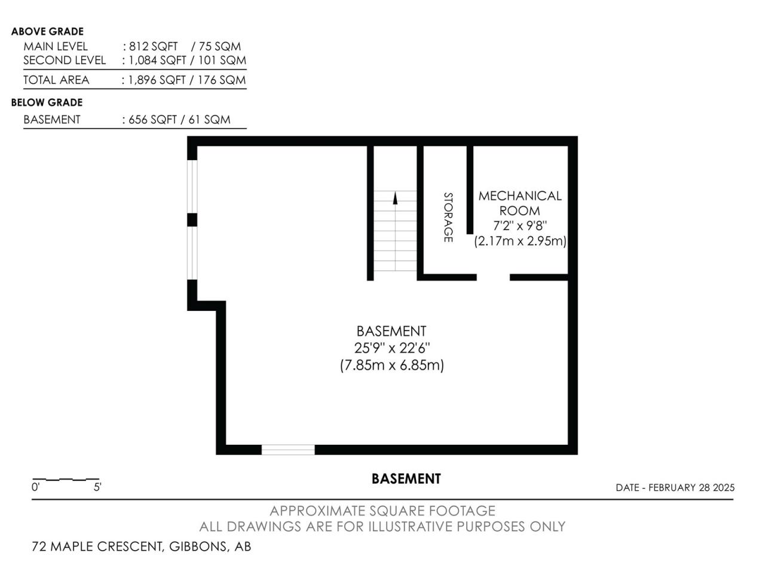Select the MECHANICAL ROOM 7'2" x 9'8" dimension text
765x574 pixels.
click(519, 226)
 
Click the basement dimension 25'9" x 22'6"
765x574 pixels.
click(391, 347)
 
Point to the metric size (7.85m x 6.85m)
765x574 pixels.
click(391, 365)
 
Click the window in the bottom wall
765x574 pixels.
click(288, 450)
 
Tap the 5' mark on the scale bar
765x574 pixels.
click(97, 487)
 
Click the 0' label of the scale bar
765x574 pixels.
click(35, 487)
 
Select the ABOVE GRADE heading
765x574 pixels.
click(47, 31)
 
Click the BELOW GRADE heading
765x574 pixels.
click(47, 102)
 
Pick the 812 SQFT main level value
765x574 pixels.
click(154, 47)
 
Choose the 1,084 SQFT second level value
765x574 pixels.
click(157, 60)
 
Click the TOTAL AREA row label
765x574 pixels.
click(56, 80)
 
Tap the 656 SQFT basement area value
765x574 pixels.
click(152, 120)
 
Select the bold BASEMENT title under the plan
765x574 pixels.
click(406, 479)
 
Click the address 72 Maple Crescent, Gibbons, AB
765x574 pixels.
click(141, 546)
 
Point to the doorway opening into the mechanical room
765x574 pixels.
click(493, 277)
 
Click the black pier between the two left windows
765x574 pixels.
click(192, 220)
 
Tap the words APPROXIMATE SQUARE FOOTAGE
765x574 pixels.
click(382, 511)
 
